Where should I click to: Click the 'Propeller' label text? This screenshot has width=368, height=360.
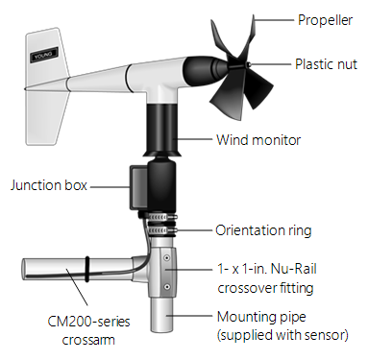pos(326,18)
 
